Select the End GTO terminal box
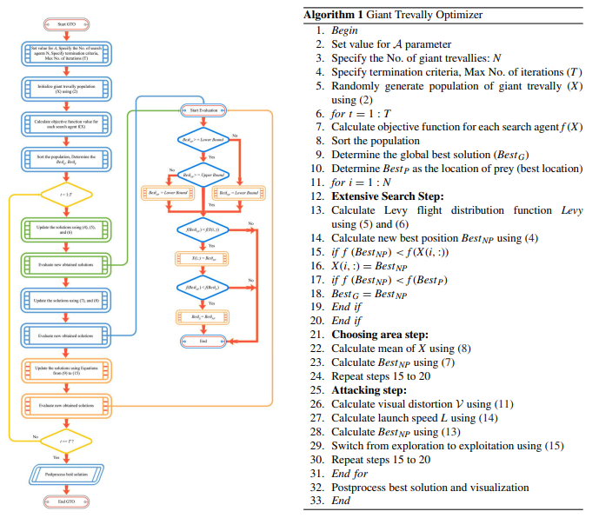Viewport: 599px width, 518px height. [x=66, y=501]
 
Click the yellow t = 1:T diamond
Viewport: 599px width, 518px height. [x=66, y=195]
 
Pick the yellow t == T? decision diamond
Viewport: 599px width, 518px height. [x=66, y=439]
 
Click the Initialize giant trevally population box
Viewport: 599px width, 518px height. [x=66, y=90]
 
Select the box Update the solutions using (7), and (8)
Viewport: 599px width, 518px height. [x=66, y=300]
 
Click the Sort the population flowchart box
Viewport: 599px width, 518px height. [x=66, y=159]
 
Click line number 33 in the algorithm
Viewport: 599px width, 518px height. [x=316, y=501]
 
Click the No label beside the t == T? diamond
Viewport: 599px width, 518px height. [x=35, y=435]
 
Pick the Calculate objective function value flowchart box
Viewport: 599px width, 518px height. [x=66, y=125]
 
